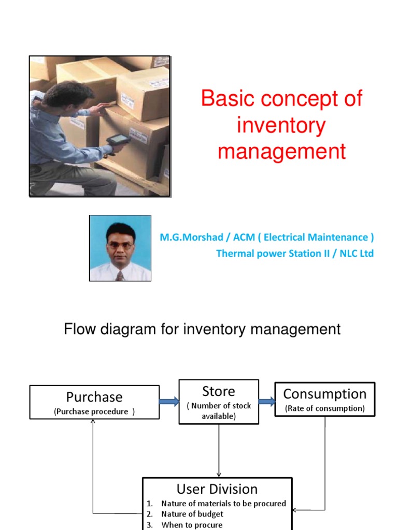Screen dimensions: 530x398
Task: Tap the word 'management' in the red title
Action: pyautogui.click(x=281, y=152)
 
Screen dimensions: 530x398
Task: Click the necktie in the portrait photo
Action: pyautogui.click(x=120, y=275)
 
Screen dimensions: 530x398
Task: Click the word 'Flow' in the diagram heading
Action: pyautogui.click(x=78, y=329)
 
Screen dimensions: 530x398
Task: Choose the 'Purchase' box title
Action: pyautogui.click(x=94, y=397)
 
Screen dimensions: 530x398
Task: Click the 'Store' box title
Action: pyautogui.click(x=218, y=391)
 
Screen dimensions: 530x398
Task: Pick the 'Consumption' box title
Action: pyautogui.click(x=324, y=394)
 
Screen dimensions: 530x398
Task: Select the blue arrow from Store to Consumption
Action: pyautogui.click(x=266, y=402)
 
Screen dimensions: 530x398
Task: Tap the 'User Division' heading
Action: pyautogui.click(x=217, y=489)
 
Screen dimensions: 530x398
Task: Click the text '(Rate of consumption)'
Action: pyautogui.click(x=324, y=408)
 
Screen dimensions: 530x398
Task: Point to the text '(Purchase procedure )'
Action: pyautogui.click(x=94, y=411)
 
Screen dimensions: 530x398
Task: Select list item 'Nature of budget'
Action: pyautogui.click(x=192, y=514)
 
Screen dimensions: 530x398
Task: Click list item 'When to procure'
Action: pyautogui.click(x=192, y=525)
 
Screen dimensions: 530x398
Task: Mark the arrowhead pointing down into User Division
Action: pyautogui.click(x=219, y=474)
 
